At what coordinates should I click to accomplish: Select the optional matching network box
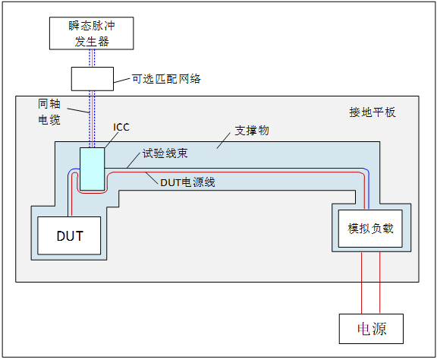(x=92, y=78)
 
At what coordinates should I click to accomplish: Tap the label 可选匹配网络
(x=166, y=78)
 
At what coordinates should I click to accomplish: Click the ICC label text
(x=121, y=127)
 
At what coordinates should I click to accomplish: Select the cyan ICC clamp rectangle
(x=92, y=169)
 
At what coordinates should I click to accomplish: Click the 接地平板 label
(x=372, y=112)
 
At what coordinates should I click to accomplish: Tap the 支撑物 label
(x=251, y=131)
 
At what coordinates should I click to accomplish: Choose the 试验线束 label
(x=165, y=153)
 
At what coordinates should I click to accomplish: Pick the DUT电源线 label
(x=187, y=182)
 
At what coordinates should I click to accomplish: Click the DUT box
(x=69, y=235)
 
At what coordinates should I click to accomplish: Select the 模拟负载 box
(x=370, y=229)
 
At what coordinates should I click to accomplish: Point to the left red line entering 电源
(x=361, y=285)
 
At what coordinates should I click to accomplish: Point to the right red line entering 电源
(x=380, y=285)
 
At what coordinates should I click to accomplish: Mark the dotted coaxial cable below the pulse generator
(x=92, y=58)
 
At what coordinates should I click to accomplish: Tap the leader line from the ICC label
(x=110, y=140)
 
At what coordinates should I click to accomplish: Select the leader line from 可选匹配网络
(x=121, y=78)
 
